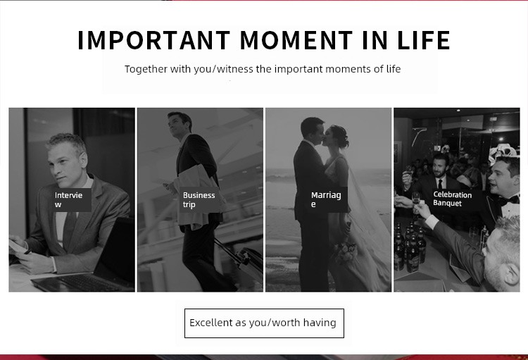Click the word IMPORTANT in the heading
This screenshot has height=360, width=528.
[x=154, y=40]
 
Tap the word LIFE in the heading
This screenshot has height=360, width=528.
[x=424, y=40]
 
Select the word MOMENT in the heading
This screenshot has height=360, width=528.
[x=296, y=40]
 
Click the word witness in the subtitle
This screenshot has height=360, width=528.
[x=235, y=69]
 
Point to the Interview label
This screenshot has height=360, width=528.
[x=71, y=200]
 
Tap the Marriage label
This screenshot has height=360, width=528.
[x=327, y=200]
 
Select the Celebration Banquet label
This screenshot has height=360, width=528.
[x=452, y=199]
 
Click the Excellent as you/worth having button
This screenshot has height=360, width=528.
[x=264, y=323]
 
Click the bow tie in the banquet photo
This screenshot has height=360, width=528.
[x=508, y=201]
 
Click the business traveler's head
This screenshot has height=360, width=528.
[x=180, y=123]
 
